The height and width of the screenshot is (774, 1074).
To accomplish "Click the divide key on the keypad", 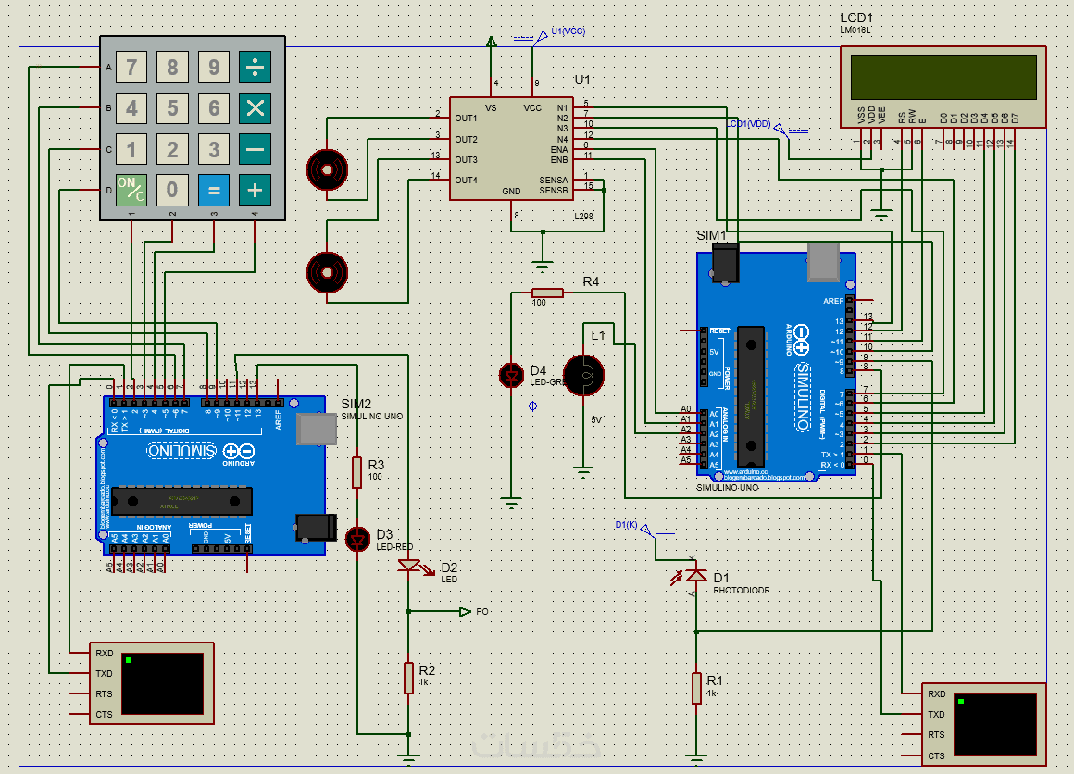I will [x=255, y=68].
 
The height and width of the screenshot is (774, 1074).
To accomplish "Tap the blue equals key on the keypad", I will [x=214, y=191].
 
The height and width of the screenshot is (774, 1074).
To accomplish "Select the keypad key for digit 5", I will [x=172, y=108].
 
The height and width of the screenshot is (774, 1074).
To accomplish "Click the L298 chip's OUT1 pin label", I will [x=466, y=119].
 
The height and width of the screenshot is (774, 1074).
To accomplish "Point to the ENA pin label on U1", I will [x=559, y=149].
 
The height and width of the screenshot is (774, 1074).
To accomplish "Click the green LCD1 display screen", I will [x=943, y=77].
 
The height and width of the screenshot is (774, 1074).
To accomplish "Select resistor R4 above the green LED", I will [x=547, y=293].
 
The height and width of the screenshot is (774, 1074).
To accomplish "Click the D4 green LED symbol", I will [x=511, y=375].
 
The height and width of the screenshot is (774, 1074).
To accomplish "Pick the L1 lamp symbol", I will [x=583, y=374].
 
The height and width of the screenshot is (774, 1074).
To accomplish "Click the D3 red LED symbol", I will [x=357, y=538].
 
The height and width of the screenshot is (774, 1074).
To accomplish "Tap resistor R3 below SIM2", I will [x=357, y=472].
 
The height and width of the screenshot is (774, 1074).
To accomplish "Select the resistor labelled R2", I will [x=408, y=678].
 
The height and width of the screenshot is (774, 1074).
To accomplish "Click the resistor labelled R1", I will [x=696, y=689].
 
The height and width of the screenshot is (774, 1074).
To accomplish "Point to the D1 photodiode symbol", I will [x=695, y=575].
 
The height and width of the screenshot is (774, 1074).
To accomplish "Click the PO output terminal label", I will [x=482, y=612].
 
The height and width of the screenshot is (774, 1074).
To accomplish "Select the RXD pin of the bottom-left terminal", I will [x=104, y=653].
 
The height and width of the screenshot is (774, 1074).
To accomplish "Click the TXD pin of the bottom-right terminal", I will [x=936, y=714].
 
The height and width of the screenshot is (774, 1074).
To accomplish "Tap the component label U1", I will [x=582, y=81].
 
